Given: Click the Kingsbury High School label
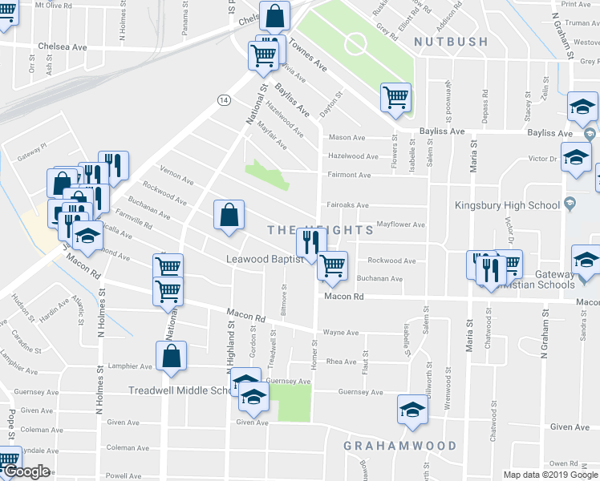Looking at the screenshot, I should pos(508,205).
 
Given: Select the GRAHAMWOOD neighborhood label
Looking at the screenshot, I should pos(399,446).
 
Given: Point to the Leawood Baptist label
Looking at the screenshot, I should pos(253,259).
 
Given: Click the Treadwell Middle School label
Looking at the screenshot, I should pos(180,390).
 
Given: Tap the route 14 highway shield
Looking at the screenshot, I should pos(222,98).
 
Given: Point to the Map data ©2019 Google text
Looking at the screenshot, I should pos(550,475).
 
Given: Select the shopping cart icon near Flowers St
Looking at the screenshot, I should pos(395,98).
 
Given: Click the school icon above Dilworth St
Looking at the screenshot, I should pos(412,410).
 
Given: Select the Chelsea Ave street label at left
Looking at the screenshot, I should pos(57,47).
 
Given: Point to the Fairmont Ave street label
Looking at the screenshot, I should pos(348,175).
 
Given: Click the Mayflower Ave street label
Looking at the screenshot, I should pos(400,225).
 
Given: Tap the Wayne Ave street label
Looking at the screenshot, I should pos(339,332).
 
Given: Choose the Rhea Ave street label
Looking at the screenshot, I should pos(341,362).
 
